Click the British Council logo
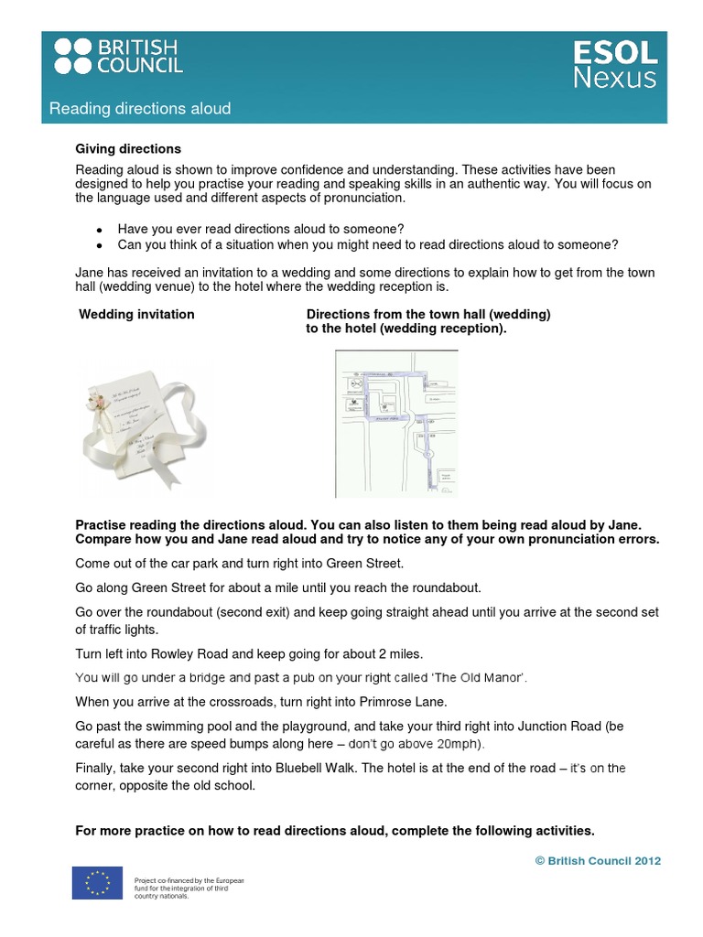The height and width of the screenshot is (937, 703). click(118, 56)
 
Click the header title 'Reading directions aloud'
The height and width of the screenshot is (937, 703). click(139, 109)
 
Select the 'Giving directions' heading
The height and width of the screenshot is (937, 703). click(128, 148)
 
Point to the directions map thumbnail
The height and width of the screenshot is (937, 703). click(396, 424)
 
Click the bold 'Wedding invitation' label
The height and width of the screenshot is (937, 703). click(136, 314)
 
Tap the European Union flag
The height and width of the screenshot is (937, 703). click(97, 883)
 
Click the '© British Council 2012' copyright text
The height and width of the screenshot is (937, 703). click(597, 860)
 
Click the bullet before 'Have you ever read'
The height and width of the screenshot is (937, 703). click(98, 229)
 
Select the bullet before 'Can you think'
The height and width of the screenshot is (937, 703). click(98, 245)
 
